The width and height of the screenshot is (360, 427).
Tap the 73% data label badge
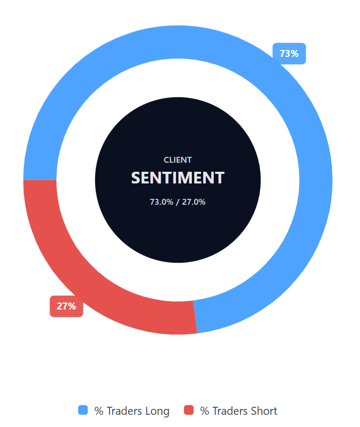pos(289,54)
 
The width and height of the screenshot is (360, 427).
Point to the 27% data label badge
pos(66,306)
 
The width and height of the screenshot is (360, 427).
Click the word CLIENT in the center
pos(178,160)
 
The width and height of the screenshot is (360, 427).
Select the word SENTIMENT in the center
pos(178,178)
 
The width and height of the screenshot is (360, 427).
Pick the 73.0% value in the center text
pos(161,202)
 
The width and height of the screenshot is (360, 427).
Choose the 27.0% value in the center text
pos(194,202)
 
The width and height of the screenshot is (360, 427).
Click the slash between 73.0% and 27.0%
pos(178,202)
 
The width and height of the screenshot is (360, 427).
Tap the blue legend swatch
pos(83,410)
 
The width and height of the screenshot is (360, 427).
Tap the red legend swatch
pos(189,410)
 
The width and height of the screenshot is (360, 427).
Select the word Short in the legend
pos(264,411)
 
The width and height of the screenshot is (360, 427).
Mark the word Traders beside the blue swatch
pos(124,411)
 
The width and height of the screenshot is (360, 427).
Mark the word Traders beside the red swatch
pos(229,411)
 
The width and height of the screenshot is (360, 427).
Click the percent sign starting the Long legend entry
pos(99,411)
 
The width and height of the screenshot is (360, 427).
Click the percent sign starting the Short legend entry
pos(204,411)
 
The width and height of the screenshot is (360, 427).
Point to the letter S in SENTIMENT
pos(136,178)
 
